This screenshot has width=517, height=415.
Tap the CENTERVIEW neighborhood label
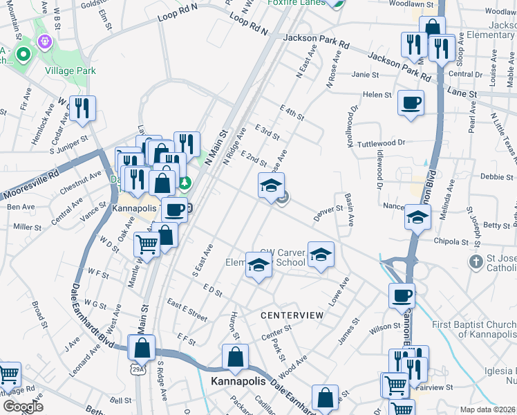pyautogui.click(x=292, y=315)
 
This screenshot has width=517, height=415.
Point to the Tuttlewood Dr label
pyautogui.click(x=380, y=142)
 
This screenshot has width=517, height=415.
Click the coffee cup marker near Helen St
pyautogui.click(x=411, y=104)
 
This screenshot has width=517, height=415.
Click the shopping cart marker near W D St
pyautogui.click(x=147, y=244)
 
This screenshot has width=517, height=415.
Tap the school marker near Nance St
pyautogui.click(x=417, y=217)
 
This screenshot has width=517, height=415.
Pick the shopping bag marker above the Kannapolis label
pyautogui.click(x=235, y=357)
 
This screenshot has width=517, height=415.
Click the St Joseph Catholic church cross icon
pyautogui.click(x=476, y=261)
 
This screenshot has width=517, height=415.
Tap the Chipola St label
pyautogui.click(x=453, y=242)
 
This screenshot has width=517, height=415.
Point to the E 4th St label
pyautogui.click(x=292, y=112)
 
